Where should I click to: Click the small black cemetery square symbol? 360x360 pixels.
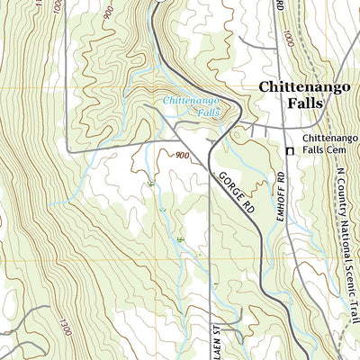pyautogui.click(x=290, y=151)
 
